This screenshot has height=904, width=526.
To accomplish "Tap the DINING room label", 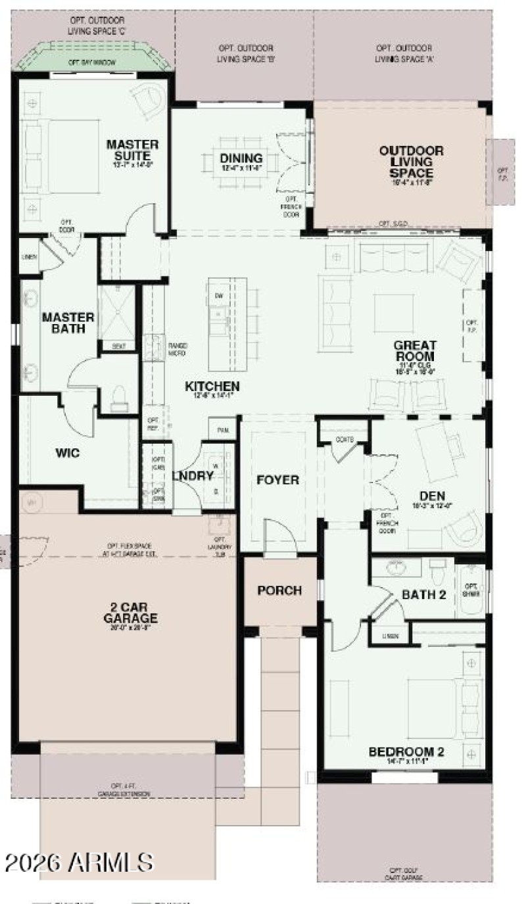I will tap(241, 159).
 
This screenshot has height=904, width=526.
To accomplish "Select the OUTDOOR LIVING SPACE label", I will tap(411, 161).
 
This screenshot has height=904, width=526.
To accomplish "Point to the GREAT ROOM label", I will tap(415, 351).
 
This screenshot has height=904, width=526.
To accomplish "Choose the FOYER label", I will tap(277, 480).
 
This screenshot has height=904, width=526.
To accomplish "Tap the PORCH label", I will tap(279, 590).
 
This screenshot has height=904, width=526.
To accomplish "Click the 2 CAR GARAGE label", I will tap(130, 613).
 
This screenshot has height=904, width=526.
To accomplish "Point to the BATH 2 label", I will tap(424, 595).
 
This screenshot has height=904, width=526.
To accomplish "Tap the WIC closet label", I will tap(68, 453).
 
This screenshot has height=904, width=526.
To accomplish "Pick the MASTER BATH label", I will tap(68, 322).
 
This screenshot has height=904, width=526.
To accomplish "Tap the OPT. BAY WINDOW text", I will tap(92, 62).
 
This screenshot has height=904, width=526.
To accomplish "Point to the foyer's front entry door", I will tap(281, 538).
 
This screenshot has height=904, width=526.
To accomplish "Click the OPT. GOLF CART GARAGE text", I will tap(404, 875).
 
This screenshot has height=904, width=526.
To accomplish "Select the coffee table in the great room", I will tap(394, 313).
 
